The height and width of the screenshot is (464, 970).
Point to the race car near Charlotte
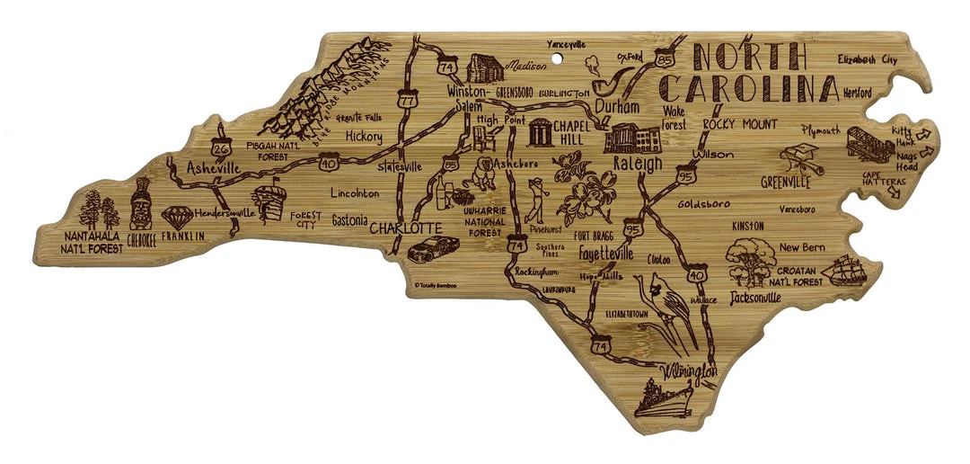[x=420, y=250]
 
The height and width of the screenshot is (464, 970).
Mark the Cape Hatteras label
[x=883, y=181]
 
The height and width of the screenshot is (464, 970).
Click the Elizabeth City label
[x=867, y=59]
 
